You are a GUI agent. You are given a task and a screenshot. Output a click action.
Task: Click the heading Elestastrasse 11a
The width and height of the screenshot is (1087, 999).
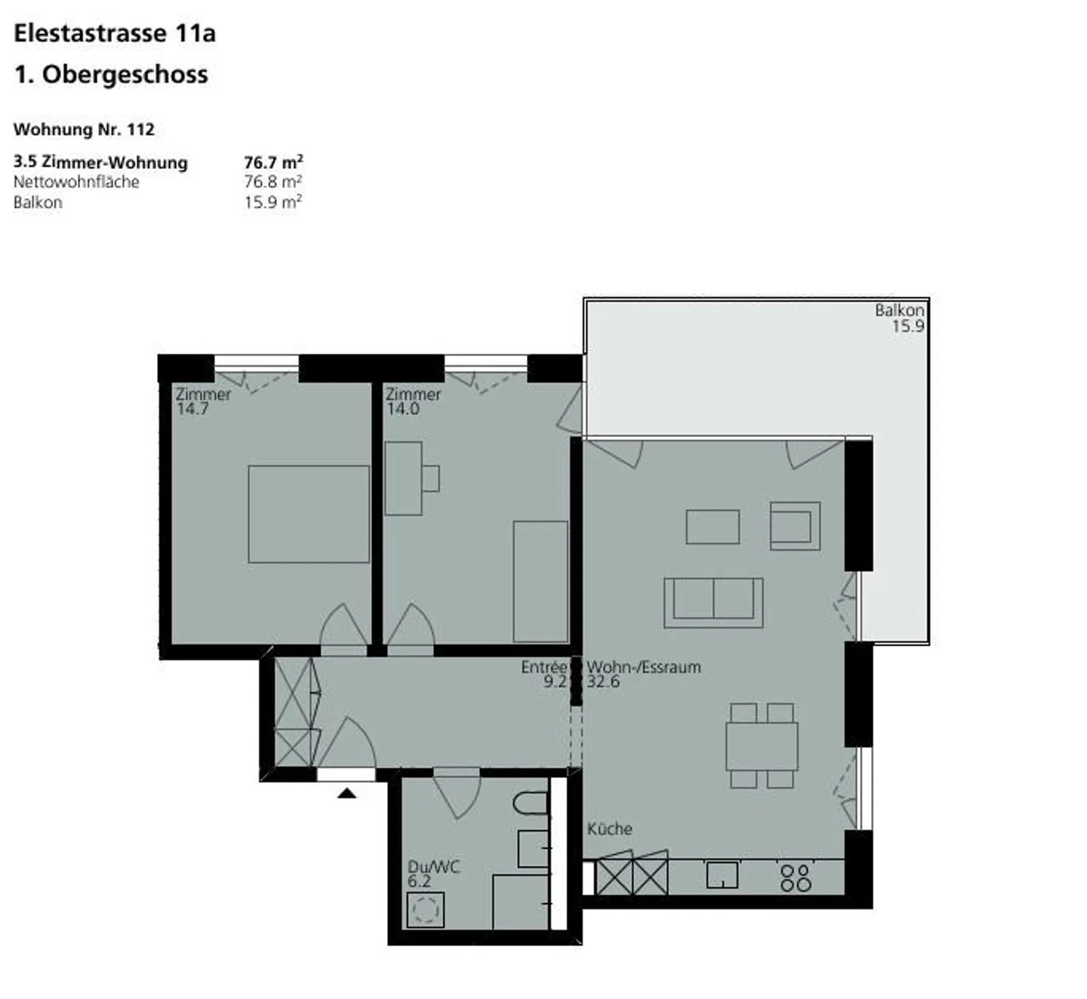[x=115, y=33]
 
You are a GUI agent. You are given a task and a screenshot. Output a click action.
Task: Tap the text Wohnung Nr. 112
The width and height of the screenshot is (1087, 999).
[x=84, y=129]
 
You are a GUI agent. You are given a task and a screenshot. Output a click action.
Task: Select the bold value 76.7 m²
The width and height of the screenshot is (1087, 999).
[x=273, y=162]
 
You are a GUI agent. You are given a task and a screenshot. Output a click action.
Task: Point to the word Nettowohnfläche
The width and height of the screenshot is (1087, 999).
[x=76, y=182]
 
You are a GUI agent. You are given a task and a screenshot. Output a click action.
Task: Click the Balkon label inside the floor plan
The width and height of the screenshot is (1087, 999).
[x=899, y=309]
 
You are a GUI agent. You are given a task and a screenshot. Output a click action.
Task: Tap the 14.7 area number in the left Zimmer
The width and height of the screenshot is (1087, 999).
[x=192, y=409]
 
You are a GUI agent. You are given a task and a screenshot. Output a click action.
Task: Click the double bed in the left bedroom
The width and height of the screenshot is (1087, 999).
[x=309, y=514]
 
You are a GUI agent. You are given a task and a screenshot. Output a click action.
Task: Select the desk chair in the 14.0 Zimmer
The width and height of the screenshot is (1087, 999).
[x=431, y=478]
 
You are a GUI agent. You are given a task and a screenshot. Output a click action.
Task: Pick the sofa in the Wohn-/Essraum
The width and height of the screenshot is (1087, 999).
[x=713, y=602]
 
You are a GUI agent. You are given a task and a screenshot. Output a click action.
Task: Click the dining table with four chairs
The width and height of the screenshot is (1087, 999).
[x=762, y=746]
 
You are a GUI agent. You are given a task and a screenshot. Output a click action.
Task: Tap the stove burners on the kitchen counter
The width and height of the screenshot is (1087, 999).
[x=796, y=878]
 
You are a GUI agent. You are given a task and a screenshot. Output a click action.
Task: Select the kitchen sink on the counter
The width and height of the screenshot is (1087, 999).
[x=722, y=875]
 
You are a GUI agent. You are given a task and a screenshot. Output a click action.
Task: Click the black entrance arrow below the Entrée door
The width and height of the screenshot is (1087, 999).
[x=346, y=792]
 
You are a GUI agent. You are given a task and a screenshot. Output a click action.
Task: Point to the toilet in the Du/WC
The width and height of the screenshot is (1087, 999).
[x=531, y=804]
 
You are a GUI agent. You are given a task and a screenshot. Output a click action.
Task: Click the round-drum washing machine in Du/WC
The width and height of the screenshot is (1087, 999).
[x=425, y=909]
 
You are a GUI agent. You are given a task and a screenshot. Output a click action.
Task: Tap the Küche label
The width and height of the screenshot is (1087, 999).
[x=609, y=828]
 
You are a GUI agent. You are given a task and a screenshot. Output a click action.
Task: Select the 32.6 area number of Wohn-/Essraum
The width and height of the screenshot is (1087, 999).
[x=603, y=682]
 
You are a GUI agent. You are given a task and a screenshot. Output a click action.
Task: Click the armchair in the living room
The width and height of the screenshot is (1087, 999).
[x=794, y=525]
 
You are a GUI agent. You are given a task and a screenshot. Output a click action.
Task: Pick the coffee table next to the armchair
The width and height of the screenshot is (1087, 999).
[x=713, y=527]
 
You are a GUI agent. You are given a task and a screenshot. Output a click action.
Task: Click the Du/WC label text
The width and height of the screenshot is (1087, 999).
[x=433, y=867]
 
